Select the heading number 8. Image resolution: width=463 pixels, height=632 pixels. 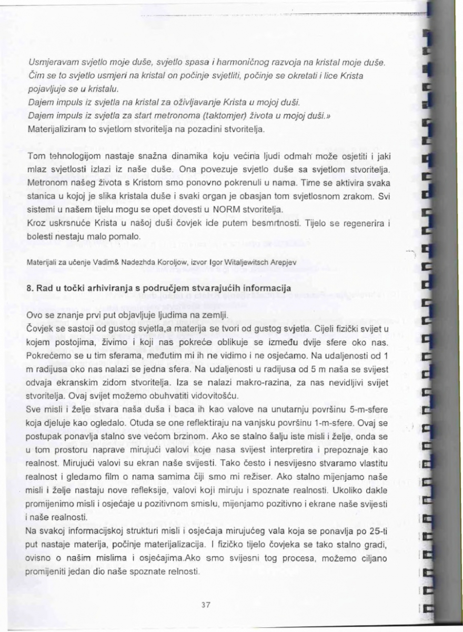click(x=29, y=289)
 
